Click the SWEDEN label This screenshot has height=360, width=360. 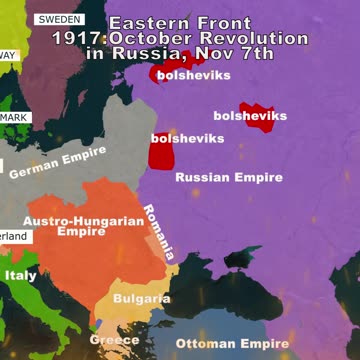pyautogui.click(x=59, y=20)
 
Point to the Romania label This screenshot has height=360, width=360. pyautogui.click(x=159, y=232)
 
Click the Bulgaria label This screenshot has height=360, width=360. pyautogui.click(x=141, y=298)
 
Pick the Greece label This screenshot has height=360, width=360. pyautogui.click(x=114, y=340)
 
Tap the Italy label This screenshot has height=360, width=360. pyautogui.click(x=20, y=275)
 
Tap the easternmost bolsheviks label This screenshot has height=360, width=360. pyautogui.click(x=250, y=116)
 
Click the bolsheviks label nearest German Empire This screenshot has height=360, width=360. pyautogui.click(x=187, y=138)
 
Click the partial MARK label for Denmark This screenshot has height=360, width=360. pyautogui.click(x=14, y=118)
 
